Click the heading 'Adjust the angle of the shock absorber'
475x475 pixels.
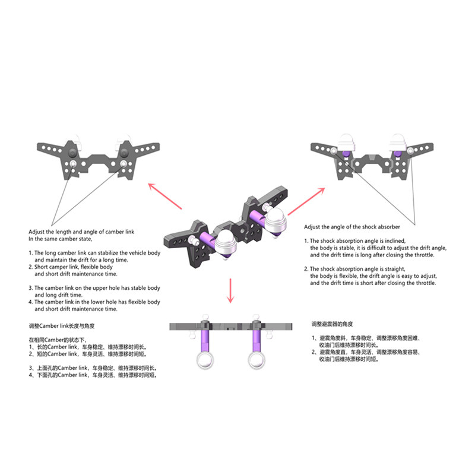point(351,227)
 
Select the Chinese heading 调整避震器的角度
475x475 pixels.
point(334,325)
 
